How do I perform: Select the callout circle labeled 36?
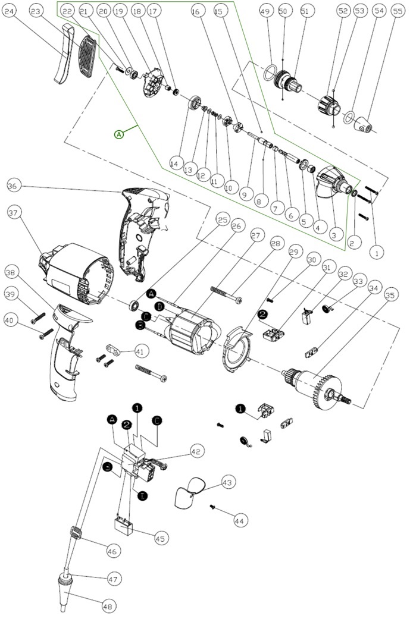pyautogui.click(x=13, y=186)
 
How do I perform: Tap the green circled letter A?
pyautogui.click(x=119, y=134)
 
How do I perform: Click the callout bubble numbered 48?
pyautogui.click(x=108, y=607)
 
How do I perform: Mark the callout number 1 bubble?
pyautogui.click(x=376, y=252)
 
